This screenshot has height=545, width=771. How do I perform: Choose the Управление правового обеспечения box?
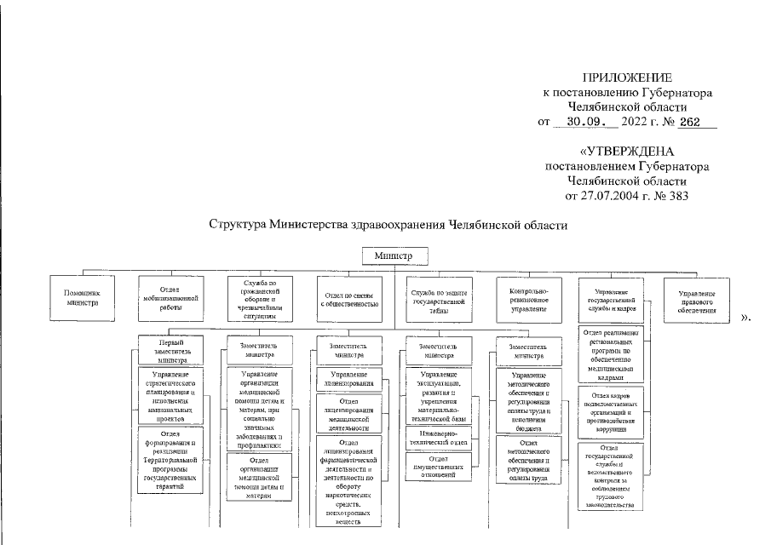pyautogui.click(x=697, y=299)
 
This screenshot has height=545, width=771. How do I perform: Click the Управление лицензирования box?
pyautogui.click(x=348, y=379)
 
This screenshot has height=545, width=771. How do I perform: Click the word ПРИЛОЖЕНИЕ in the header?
pyautogui.click(x=627, y=77)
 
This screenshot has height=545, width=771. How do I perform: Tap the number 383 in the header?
pyautogui.click(x=676, y=196)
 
